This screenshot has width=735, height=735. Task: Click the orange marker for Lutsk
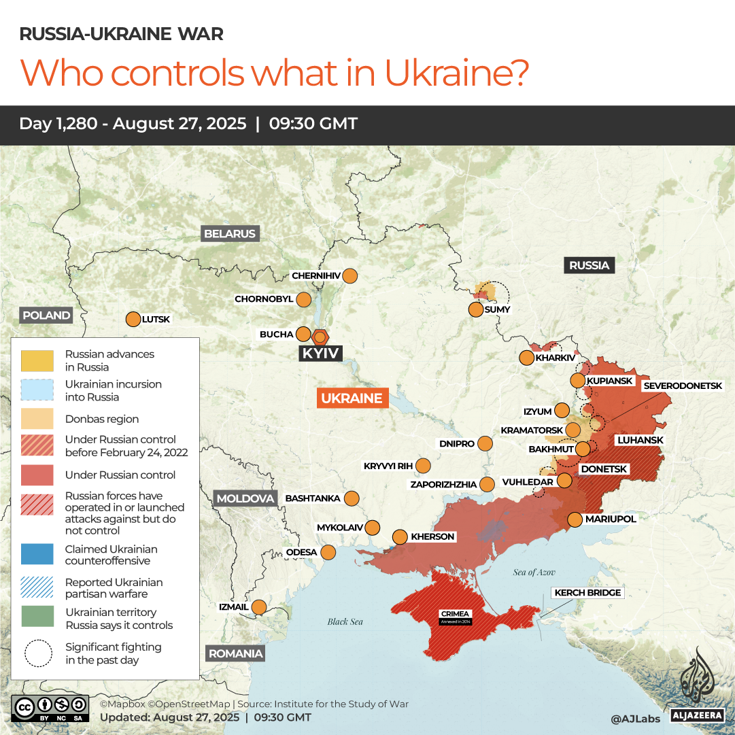(x=133, y=319)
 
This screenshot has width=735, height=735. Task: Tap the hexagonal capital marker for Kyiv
(x=320, y=337)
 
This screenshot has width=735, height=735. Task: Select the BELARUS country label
(x=230, y=234)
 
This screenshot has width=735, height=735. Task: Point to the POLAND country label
(x=46, y=315)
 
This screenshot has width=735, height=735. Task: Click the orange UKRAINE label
(x=352, y=398)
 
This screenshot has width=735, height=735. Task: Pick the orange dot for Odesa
(x=328, y=552)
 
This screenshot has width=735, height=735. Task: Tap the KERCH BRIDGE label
(x=587, y=593)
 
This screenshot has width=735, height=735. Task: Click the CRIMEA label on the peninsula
(x=456, y=614)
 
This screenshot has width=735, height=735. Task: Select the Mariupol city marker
(x=575, y=519)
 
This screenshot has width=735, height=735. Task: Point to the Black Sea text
(x=345, y=621)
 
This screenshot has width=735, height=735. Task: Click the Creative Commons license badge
(x=50, y=708)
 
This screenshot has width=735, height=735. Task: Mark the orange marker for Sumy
(x=476, y=310)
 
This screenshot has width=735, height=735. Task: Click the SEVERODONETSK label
(x=683, y=386)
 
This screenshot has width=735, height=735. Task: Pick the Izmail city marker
(x=259, y=606)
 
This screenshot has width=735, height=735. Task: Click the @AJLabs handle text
(x=636, y=717)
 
